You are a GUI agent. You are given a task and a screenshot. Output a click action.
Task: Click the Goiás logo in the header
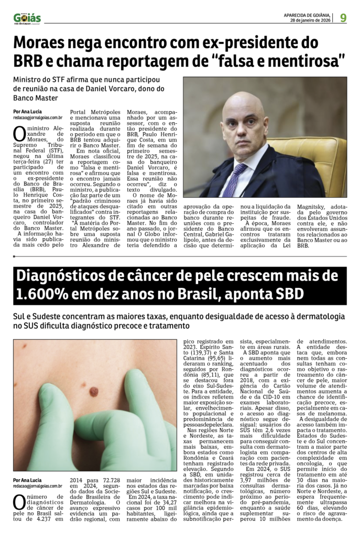click(27, 18)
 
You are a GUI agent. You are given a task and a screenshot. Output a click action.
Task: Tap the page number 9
click(343, 18)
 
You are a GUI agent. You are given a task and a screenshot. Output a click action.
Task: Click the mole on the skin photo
click(94, 391)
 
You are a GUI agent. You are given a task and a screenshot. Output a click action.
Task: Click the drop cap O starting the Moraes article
click(19, 133)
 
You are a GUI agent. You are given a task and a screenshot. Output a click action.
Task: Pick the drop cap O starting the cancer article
click(19, 502)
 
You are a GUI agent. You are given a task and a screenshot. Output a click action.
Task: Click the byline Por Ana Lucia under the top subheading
click(27, 112)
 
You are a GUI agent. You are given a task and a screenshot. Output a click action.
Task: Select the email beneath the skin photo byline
click(38, 486)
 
